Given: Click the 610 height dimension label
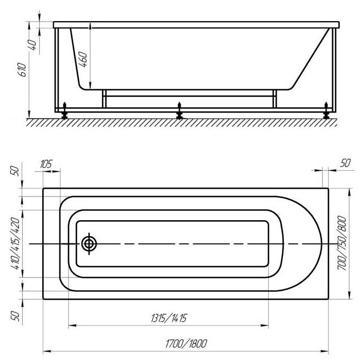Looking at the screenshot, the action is tap(22, 70).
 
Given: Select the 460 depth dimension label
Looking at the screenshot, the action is tap(83, 60).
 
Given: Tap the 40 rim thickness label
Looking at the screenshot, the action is tap(32, 45).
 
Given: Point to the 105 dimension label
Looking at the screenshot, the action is tap(46, 164).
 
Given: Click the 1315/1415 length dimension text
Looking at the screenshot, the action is tap(168, 318).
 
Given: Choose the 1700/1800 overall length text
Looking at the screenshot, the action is tap(186, 344).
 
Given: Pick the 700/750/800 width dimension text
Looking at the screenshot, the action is tap(342, 243).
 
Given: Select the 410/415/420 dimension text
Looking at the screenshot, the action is tap(15, 243).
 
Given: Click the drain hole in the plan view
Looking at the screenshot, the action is tap(89, 243).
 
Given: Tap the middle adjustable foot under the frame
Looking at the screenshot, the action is tap(179, 111).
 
